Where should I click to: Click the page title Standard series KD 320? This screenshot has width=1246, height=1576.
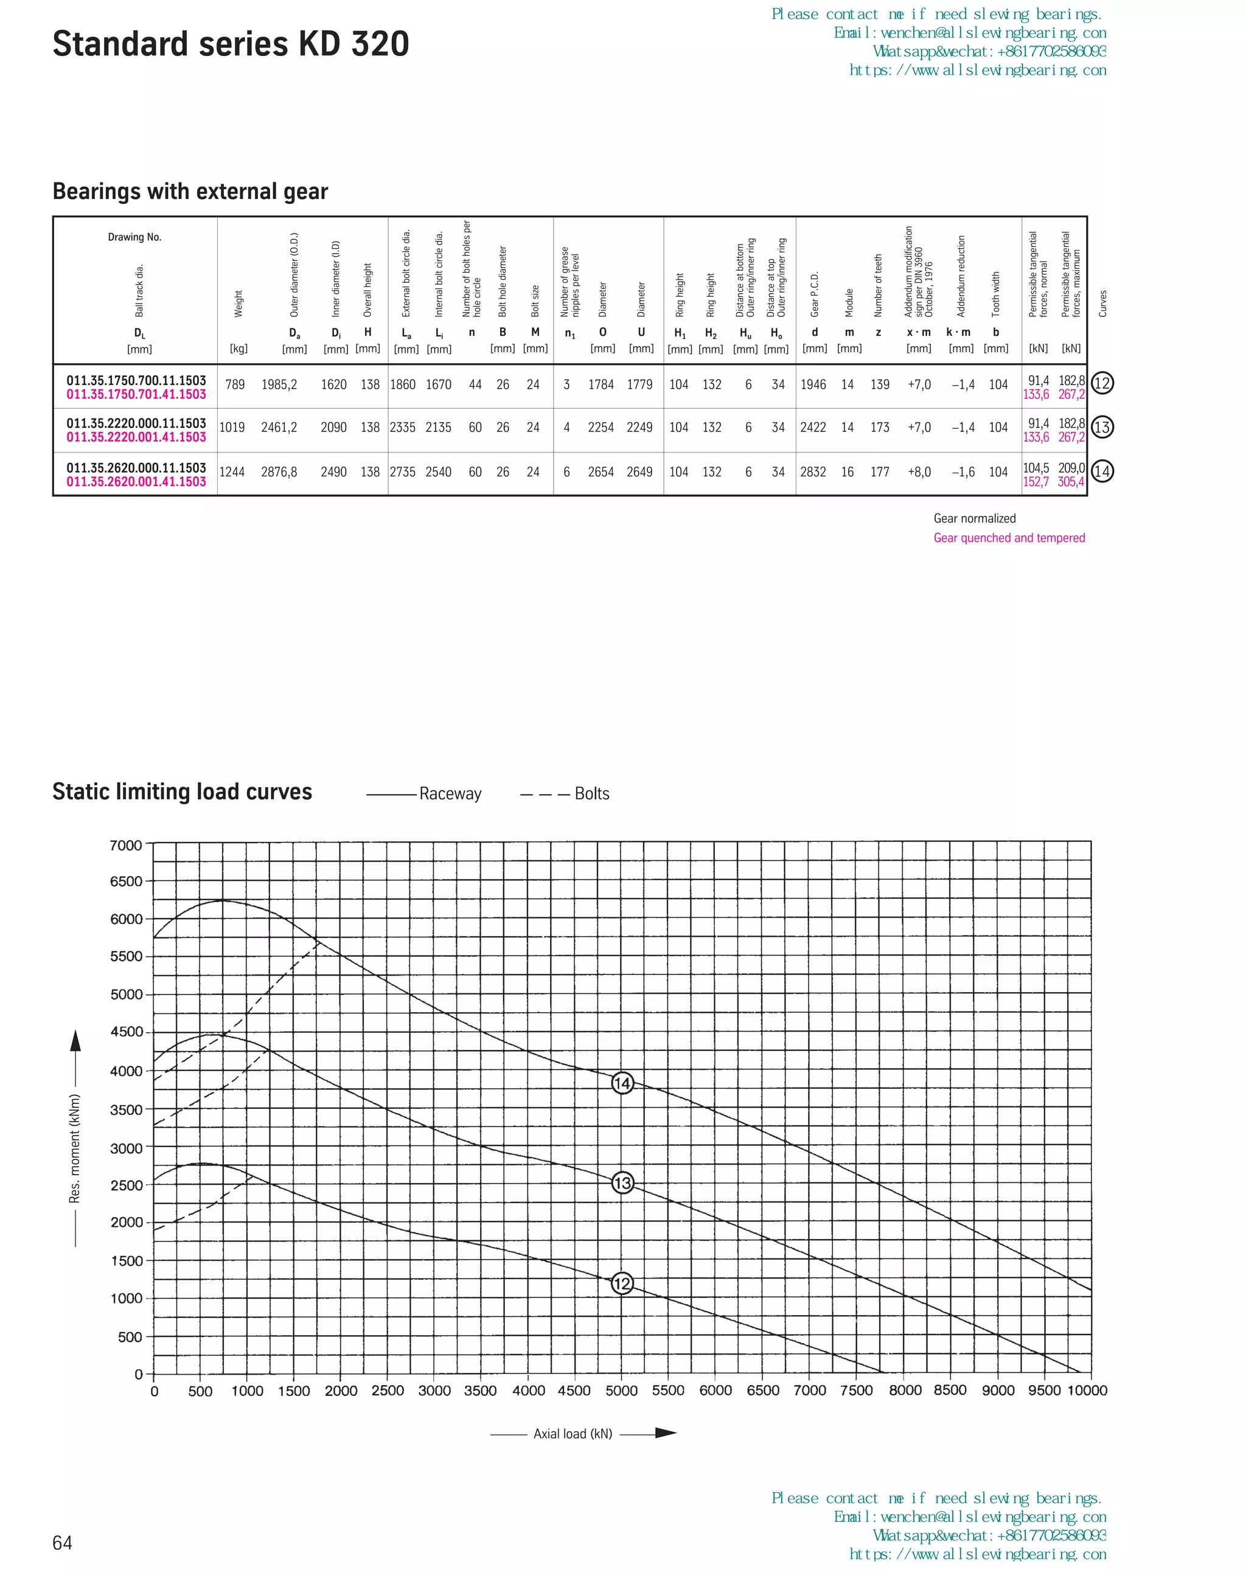click(x=231, y=44)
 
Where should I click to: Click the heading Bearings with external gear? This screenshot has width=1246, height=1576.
click(x=190, y=191)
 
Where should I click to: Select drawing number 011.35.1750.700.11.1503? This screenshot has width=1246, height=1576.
click(x=136, y=380)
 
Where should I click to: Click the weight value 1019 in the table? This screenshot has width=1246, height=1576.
click(x=232, y=428)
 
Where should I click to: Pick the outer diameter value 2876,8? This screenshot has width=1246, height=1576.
click(x=279, y=472)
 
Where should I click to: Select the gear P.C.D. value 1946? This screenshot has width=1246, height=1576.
click(x=813, y=384)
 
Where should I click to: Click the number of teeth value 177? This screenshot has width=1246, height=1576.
click(x=880, y=472)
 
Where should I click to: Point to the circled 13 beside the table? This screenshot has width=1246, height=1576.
click(x=1102, y=428)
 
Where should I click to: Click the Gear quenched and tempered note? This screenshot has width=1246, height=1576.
click(x=1009, y=538)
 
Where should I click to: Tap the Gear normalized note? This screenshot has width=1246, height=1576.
click(x=975, y=518)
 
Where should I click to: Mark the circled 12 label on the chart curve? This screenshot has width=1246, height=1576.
click(x=622, y=1283)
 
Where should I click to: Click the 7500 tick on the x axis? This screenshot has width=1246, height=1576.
click(x=857, y=1390)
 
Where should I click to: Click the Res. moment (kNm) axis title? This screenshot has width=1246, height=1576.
click(x=74, y=1148)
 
